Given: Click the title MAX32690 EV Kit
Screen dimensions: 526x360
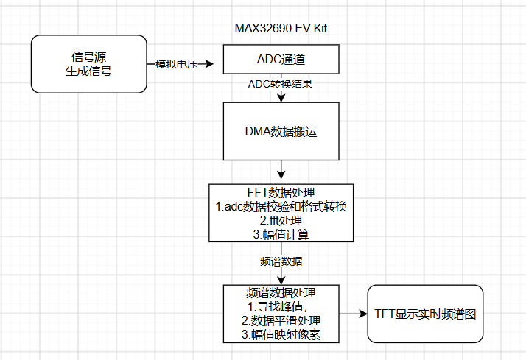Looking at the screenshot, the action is click(281, 28).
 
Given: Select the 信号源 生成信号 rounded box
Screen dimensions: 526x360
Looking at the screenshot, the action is click(89, 64).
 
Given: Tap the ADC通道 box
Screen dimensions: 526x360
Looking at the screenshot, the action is click(281, 60).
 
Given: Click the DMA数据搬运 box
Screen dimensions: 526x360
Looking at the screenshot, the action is click(281, 131).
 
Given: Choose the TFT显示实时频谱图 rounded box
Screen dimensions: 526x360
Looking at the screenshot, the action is click(425, 314).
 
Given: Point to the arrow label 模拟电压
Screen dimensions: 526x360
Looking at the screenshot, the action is click(177, 64).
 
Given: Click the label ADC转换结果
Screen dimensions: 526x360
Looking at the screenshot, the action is click(280, 84).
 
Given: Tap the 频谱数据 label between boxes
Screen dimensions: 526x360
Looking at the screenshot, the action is click(281, 261).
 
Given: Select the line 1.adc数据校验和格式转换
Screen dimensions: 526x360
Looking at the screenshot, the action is click(281, 206).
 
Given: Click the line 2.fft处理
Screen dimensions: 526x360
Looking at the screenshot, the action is click(281, 221).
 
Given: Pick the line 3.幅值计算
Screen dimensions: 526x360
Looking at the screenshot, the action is click(281, 235).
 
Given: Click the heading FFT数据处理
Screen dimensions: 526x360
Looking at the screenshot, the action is click(281, 192).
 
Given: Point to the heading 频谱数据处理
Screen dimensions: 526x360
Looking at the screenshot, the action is click(281, 293).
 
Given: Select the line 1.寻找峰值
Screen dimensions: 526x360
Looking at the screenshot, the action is click(278, 307).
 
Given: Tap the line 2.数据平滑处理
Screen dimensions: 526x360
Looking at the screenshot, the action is click(281, 321).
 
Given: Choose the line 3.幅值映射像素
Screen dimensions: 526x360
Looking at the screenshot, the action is click(281, 334).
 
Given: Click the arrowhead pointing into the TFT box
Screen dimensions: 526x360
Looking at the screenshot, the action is click(364, 314).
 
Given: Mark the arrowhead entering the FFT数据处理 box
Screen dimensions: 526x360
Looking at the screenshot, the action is click(281, 174).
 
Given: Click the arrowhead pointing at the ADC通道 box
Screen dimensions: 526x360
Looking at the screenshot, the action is click(210, 64).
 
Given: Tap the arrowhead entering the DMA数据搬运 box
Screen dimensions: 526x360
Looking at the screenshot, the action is click(281, 97).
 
